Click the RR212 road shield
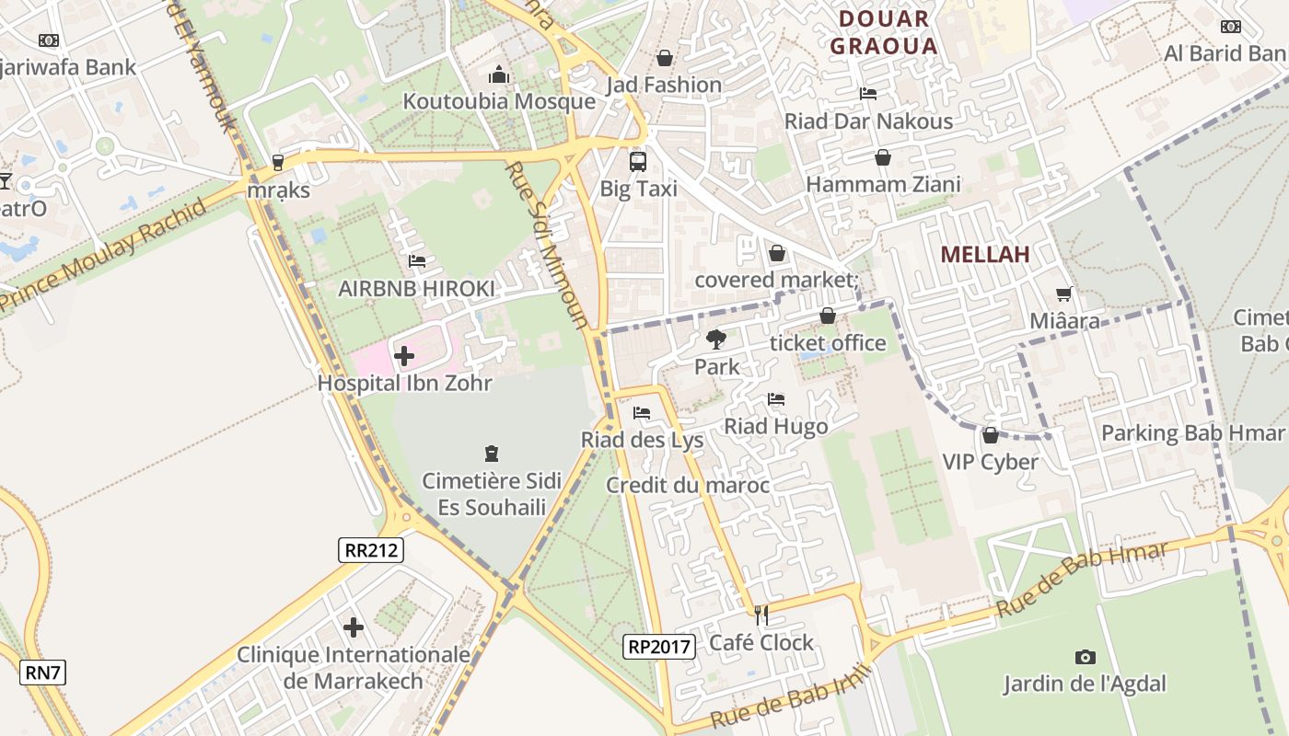pos(370,550)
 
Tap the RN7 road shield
pos(42,673)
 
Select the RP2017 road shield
pos(658,647)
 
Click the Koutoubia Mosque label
pos(499,101)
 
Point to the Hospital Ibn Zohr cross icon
pos(403,355)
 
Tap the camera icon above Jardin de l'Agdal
pos(1086,657)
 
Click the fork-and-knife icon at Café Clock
pos(761,615)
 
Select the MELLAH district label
pos(984,255)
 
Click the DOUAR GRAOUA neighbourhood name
pos(883,32)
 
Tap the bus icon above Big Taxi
pos(638,162)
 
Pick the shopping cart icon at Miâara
pos(1064,294)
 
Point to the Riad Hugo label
pos(776,426)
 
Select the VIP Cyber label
pos(990,462)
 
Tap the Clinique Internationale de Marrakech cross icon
pos(354,627)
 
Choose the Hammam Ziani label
pos(883,184)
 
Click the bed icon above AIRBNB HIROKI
pos(417,261)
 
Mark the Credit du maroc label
pos(688,485)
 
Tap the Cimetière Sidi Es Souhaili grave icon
pos(492,454)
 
